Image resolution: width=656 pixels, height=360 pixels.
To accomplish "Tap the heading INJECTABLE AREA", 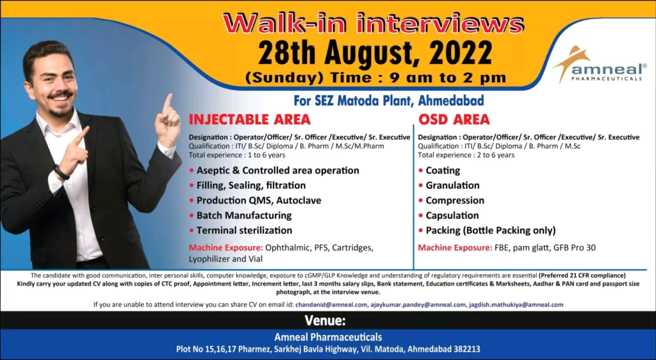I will [249, 119].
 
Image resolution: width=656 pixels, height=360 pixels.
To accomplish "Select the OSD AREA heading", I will [454, 119].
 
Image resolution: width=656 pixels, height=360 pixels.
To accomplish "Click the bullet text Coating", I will [443, 170].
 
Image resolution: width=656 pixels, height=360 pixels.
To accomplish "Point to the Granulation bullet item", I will [452, 185].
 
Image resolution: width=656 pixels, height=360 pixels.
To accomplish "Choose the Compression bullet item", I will [455, 200].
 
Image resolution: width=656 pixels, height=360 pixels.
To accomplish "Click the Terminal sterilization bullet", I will [244, 230].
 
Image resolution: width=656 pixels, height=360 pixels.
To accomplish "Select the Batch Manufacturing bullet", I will [243, 215].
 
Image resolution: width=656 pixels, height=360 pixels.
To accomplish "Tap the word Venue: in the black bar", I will [325, 320].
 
